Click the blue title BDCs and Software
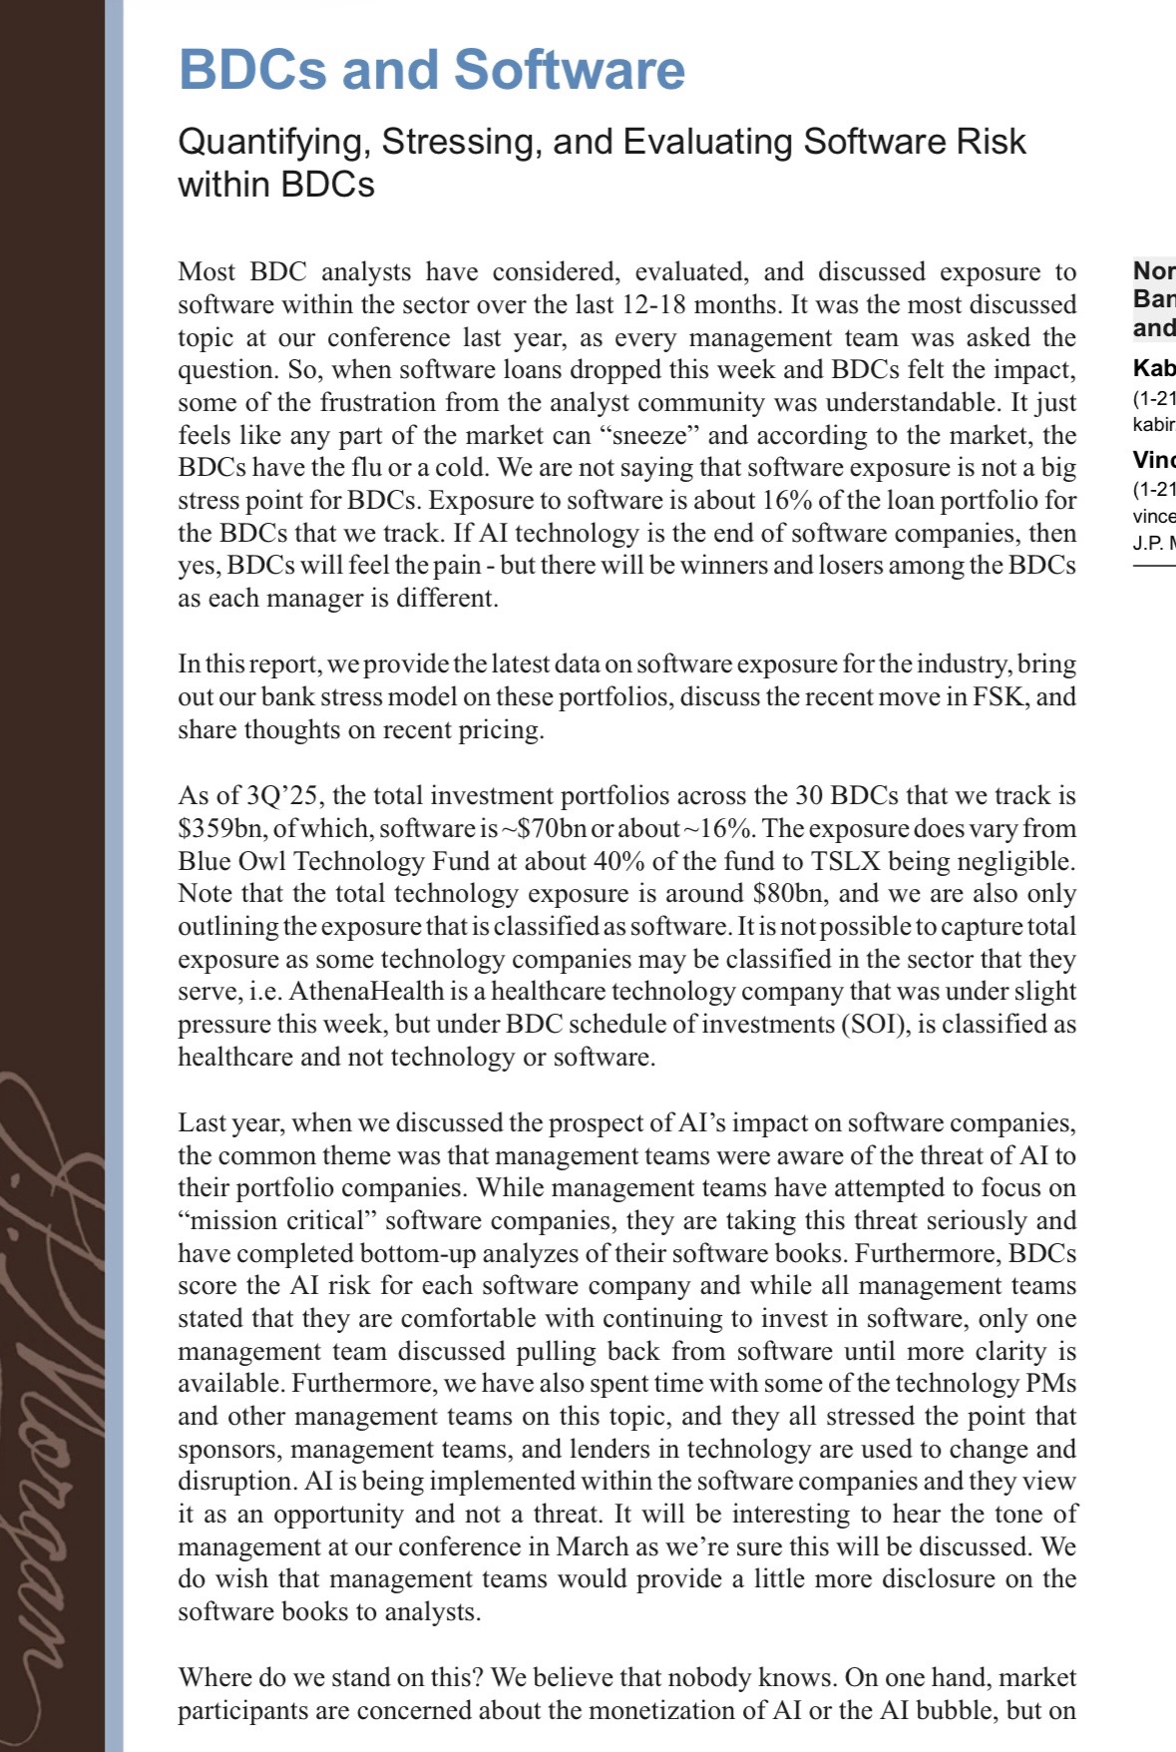coord(431,70)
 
